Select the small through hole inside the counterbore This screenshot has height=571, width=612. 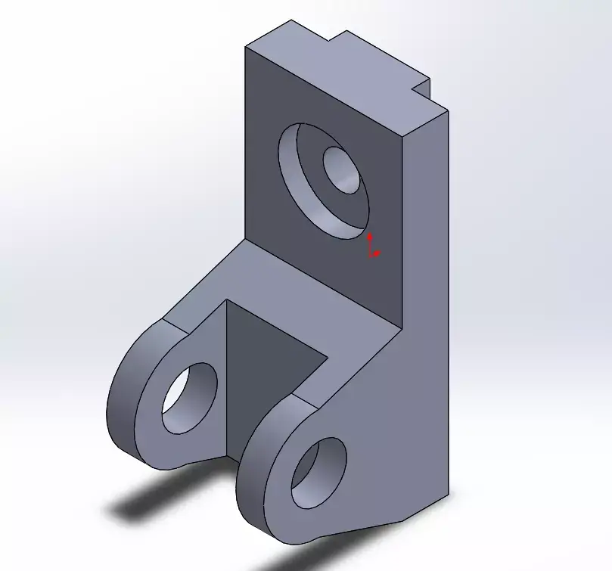pyautogui.click(x=345, y=169)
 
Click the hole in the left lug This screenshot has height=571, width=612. pyautogui.click(x=188, y=397)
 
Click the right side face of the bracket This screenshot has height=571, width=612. pyautogui.click(x=424, y=303)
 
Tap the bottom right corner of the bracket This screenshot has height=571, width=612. pyautogui.click(x=446, y=495)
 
